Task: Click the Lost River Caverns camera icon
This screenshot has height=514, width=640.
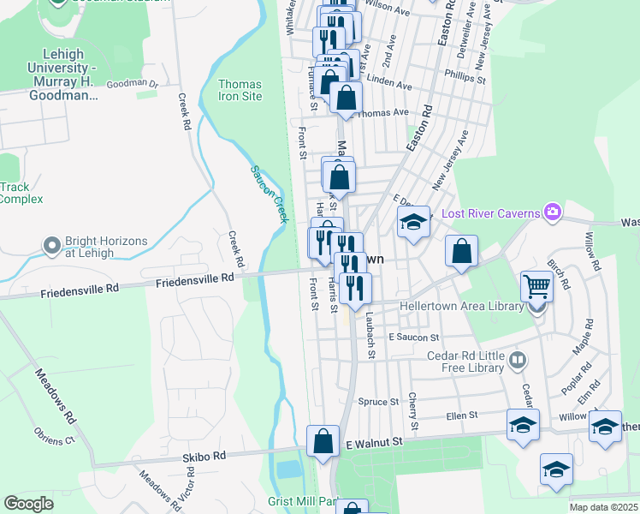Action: pos(553,212)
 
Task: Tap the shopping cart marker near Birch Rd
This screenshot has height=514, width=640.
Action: pos(536,285)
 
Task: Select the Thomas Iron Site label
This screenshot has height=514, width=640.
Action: pos(240,90)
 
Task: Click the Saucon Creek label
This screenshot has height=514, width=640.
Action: pos(269,194)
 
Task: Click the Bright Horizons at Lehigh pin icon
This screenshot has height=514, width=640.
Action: pos(52,247)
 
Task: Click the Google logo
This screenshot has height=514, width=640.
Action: pos(28,504)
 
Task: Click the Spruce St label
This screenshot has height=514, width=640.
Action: pos(378,401)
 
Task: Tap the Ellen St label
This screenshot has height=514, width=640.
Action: pos(461,415)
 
